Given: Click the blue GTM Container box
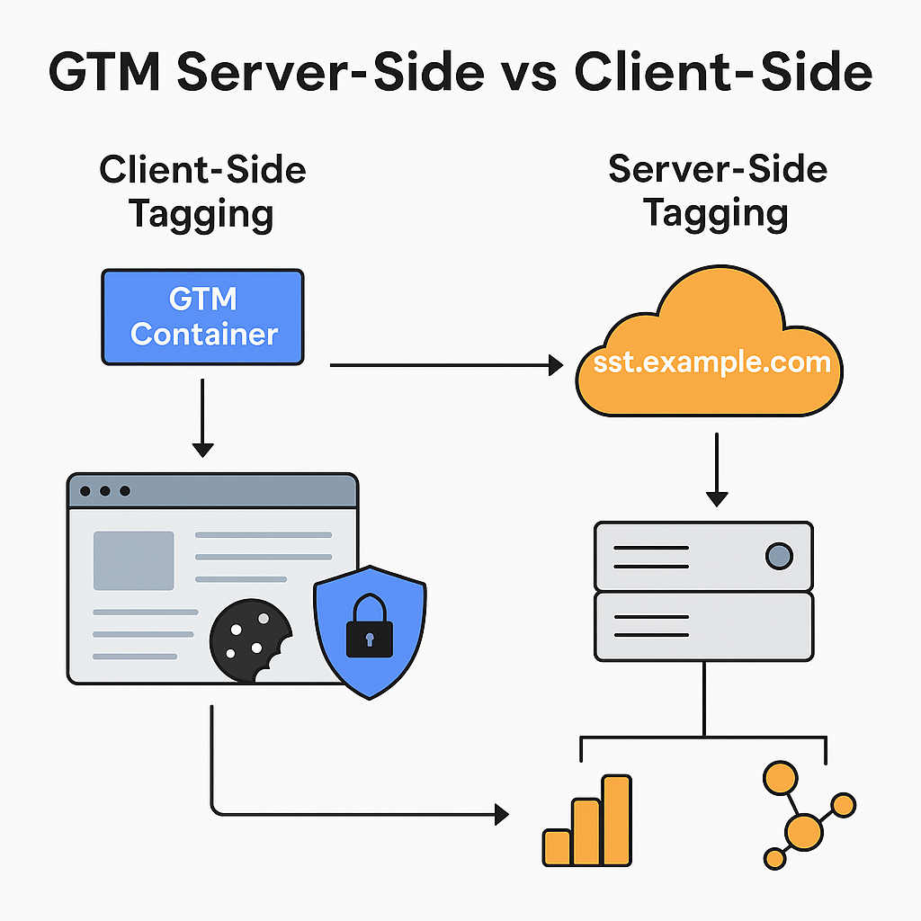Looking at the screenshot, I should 202,317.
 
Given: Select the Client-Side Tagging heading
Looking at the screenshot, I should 202,192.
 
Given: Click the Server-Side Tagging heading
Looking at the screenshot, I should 717,191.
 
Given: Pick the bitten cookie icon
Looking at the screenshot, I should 249,639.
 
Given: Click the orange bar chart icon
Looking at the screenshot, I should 587,820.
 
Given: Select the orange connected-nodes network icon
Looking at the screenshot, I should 806,814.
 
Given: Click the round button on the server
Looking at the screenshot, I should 779,557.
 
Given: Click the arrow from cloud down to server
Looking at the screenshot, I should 716,468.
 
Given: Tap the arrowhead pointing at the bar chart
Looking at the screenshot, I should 500,816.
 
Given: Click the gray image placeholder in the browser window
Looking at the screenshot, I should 134,560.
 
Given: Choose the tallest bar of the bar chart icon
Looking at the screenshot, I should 617,819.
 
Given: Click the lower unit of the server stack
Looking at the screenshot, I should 703,626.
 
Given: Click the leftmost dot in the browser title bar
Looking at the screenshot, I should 85,491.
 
